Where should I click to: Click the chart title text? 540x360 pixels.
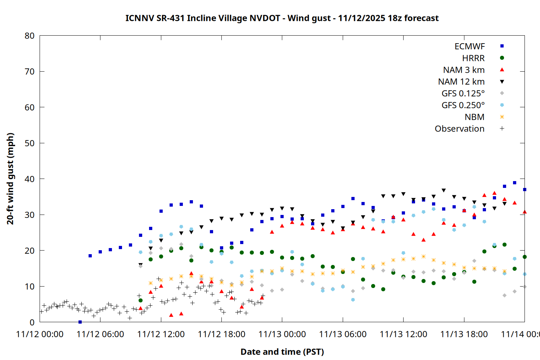(x=282, y=18)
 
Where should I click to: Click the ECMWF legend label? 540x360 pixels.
(x=469, y=46)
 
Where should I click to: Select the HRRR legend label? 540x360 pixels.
(x=473, y=58)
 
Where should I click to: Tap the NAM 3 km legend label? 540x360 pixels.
(x=464, y=70)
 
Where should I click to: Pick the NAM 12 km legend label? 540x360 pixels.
(x=461, y=82)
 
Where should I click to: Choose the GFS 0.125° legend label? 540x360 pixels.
(x=463, y=94)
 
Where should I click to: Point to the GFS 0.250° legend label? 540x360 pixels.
(x=463, y=105)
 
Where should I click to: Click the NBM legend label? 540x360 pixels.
(x=474, y=117)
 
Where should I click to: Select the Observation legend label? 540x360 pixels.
(x=459, y=129)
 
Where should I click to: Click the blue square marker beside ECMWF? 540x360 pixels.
(x=502, y=46)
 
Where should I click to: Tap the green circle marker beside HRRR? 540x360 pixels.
(x=502, y=58)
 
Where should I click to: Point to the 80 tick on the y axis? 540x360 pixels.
(x=30, y=36)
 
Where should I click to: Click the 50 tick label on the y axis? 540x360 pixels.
(x=30, y=143)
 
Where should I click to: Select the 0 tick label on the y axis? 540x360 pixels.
(x=32, y=322)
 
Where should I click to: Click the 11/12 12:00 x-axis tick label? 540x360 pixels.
(x=161, y=334)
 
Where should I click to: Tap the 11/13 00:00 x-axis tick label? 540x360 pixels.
(x=282, y=334)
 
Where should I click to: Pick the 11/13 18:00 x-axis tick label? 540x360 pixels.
(x=464, y=334)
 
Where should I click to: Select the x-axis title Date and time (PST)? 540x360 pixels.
(x=282, y=352)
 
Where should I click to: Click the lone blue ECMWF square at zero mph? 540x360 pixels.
(x=80, y=322)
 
